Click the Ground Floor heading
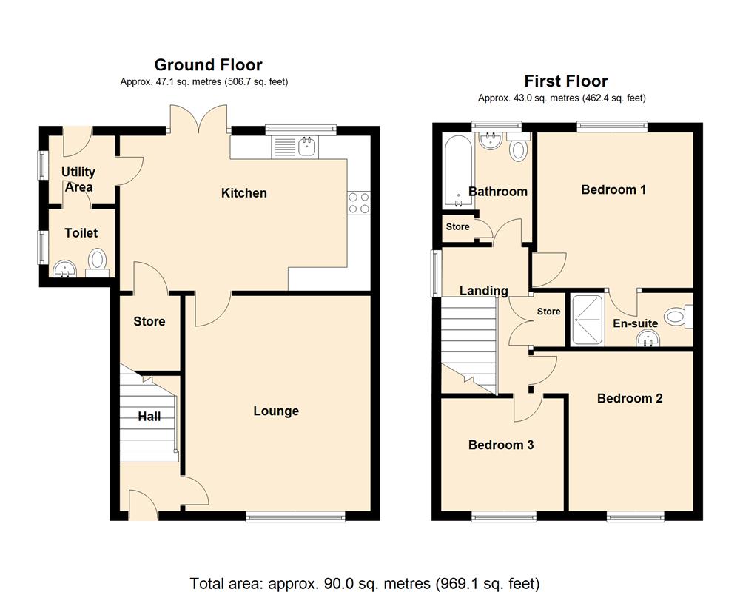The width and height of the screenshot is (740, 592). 208,64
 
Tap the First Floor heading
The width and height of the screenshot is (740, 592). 566,81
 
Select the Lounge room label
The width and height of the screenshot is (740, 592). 276,411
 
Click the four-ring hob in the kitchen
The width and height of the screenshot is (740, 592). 359,203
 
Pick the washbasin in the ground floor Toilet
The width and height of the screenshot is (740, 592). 64,269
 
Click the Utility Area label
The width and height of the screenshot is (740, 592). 78,179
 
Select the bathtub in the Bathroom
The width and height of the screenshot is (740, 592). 458,171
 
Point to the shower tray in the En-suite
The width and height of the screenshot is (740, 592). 587,320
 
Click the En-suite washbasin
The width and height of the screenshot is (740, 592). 647,338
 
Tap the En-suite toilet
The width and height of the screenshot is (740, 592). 678,316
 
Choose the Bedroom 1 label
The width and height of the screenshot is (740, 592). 613,189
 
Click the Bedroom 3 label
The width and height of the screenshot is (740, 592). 501,445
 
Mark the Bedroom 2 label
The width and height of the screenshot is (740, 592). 630,398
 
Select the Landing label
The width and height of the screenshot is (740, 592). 484,291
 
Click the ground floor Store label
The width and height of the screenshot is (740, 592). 149,321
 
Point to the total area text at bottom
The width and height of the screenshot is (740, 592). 364,584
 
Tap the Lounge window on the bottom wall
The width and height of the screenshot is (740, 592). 295,517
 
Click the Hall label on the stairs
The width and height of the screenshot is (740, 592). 149,417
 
